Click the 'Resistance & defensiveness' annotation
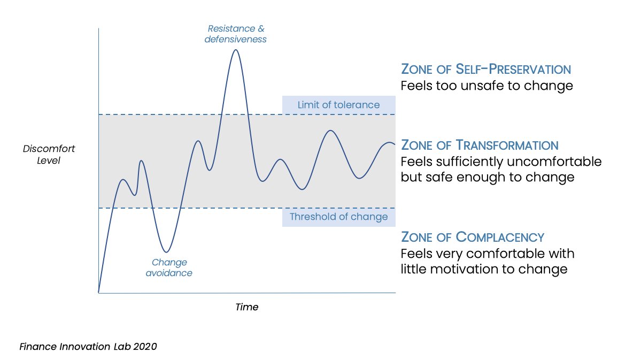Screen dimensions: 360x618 click(x=235, y=34)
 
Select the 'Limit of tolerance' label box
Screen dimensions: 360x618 click(x=338, y=105)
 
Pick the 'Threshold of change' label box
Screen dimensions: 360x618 click(x=338, y=217)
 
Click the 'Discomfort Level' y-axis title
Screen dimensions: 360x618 click(x=41, y=154)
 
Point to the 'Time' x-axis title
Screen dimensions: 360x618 click(x=246, y=307)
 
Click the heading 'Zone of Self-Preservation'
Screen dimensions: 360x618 click(x=486, y=69)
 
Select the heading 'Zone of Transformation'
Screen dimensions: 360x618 click(x=480, y=145)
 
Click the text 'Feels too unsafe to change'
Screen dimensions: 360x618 click(x=487, y=86)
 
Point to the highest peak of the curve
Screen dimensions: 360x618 click(x=235, y=50)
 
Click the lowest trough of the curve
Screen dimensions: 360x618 click(x=167, y=252)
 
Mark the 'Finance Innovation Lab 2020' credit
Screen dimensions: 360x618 click(x=88, y=347)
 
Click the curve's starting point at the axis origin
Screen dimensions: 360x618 click(x=99, y=293)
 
